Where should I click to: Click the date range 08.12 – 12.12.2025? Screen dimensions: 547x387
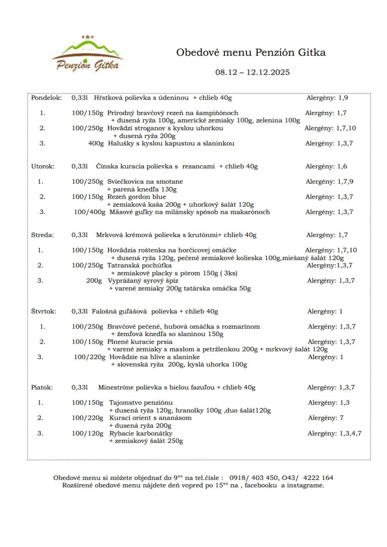pyautogui.click(x=252, y=72)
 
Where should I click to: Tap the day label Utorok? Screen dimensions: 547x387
pyautogui.click(x=43, y=166)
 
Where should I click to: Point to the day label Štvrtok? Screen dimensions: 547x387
pyautogui.click(x=44, y=311)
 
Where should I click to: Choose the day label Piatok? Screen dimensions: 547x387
pyautogui.click(x=42, y=388)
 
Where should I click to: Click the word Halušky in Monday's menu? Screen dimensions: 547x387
pyautogui.click(x=120, y=143)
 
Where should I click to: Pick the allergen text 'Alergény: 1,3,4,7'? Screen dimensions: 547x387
pyautogui.click(x=334, y=433)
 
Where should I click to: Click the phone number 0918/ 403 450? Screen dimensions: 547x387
pyautogui.click(x=255, y=477)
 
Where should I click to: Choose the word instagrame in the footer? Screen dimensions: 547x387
pyautogui.click(x=304, y=485)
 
